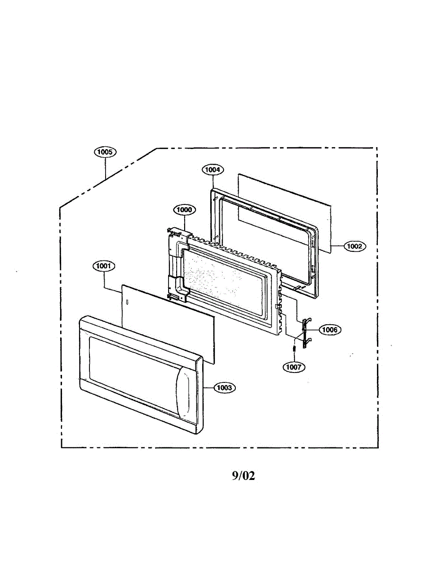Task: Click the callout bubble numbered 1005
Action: pos(105,152)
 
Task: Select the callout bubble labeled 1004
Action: pos(213,169)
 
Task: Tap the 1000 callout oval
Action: pos(185,210)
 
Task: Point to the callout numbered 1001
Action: pos(104,266)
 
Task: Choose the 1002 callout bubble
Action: pos(355,246)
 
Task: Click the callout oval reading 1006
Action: pos(330,329)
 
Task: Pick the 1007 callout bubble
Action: pos(294,367)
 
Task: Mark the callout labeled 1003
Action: pos(224,388)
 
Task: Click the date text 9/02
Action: pos(243,476)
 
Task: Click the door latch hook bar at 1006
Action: pos(304,333)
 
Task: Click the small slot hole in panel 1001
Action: pos(127,302)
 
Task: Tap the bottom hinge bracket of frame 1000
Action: pos(178,295)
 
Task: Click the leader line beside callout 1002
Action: pos(337,246)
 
